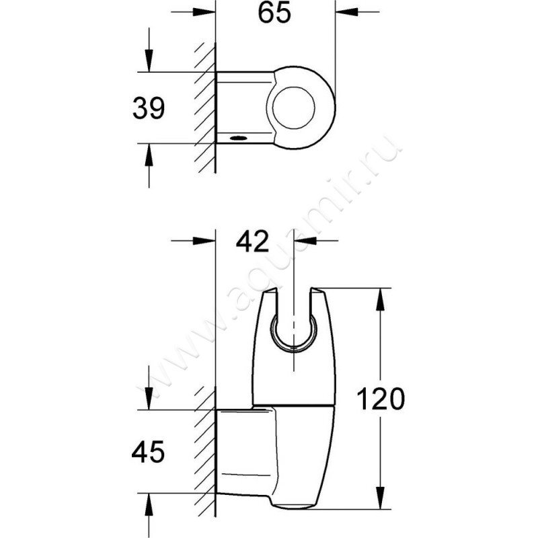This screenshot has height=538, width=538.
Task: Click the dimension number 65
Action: tap(274, 13)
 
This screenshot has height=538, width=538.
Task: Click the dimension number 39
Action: tap(149, 108)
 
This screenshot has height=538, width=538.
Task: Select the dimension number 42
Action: tap(252, 241)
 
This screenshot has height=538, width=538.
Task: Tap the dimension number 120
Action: tap(381, 399)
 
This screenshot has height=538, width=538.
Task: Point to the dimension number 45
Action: tap(148, 451)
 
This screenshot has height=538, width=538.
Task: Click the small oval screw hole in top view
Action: tap(239, 139)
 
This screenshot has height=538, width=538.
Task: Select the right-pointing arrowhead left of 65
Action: tap(204, 12)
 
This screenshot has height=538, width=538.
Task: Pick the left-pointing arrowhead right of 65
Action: tap(346, 12)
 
